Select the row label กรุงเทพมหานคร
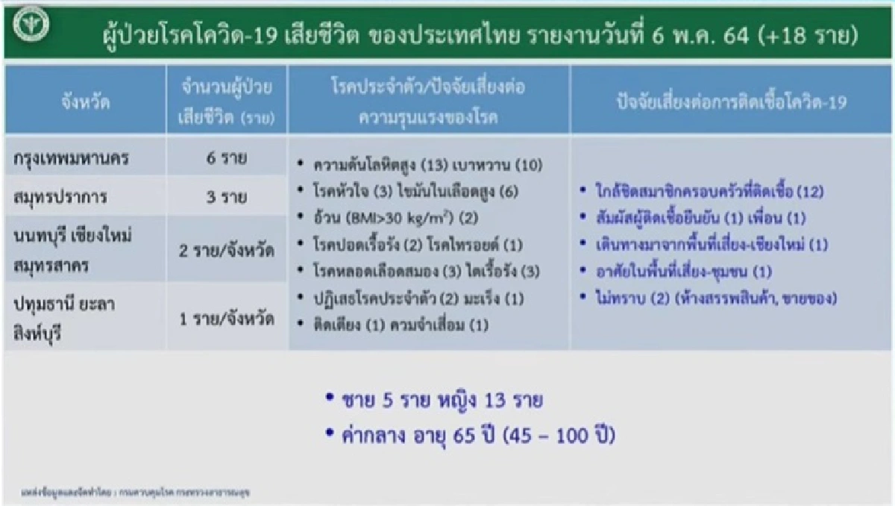71,160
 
